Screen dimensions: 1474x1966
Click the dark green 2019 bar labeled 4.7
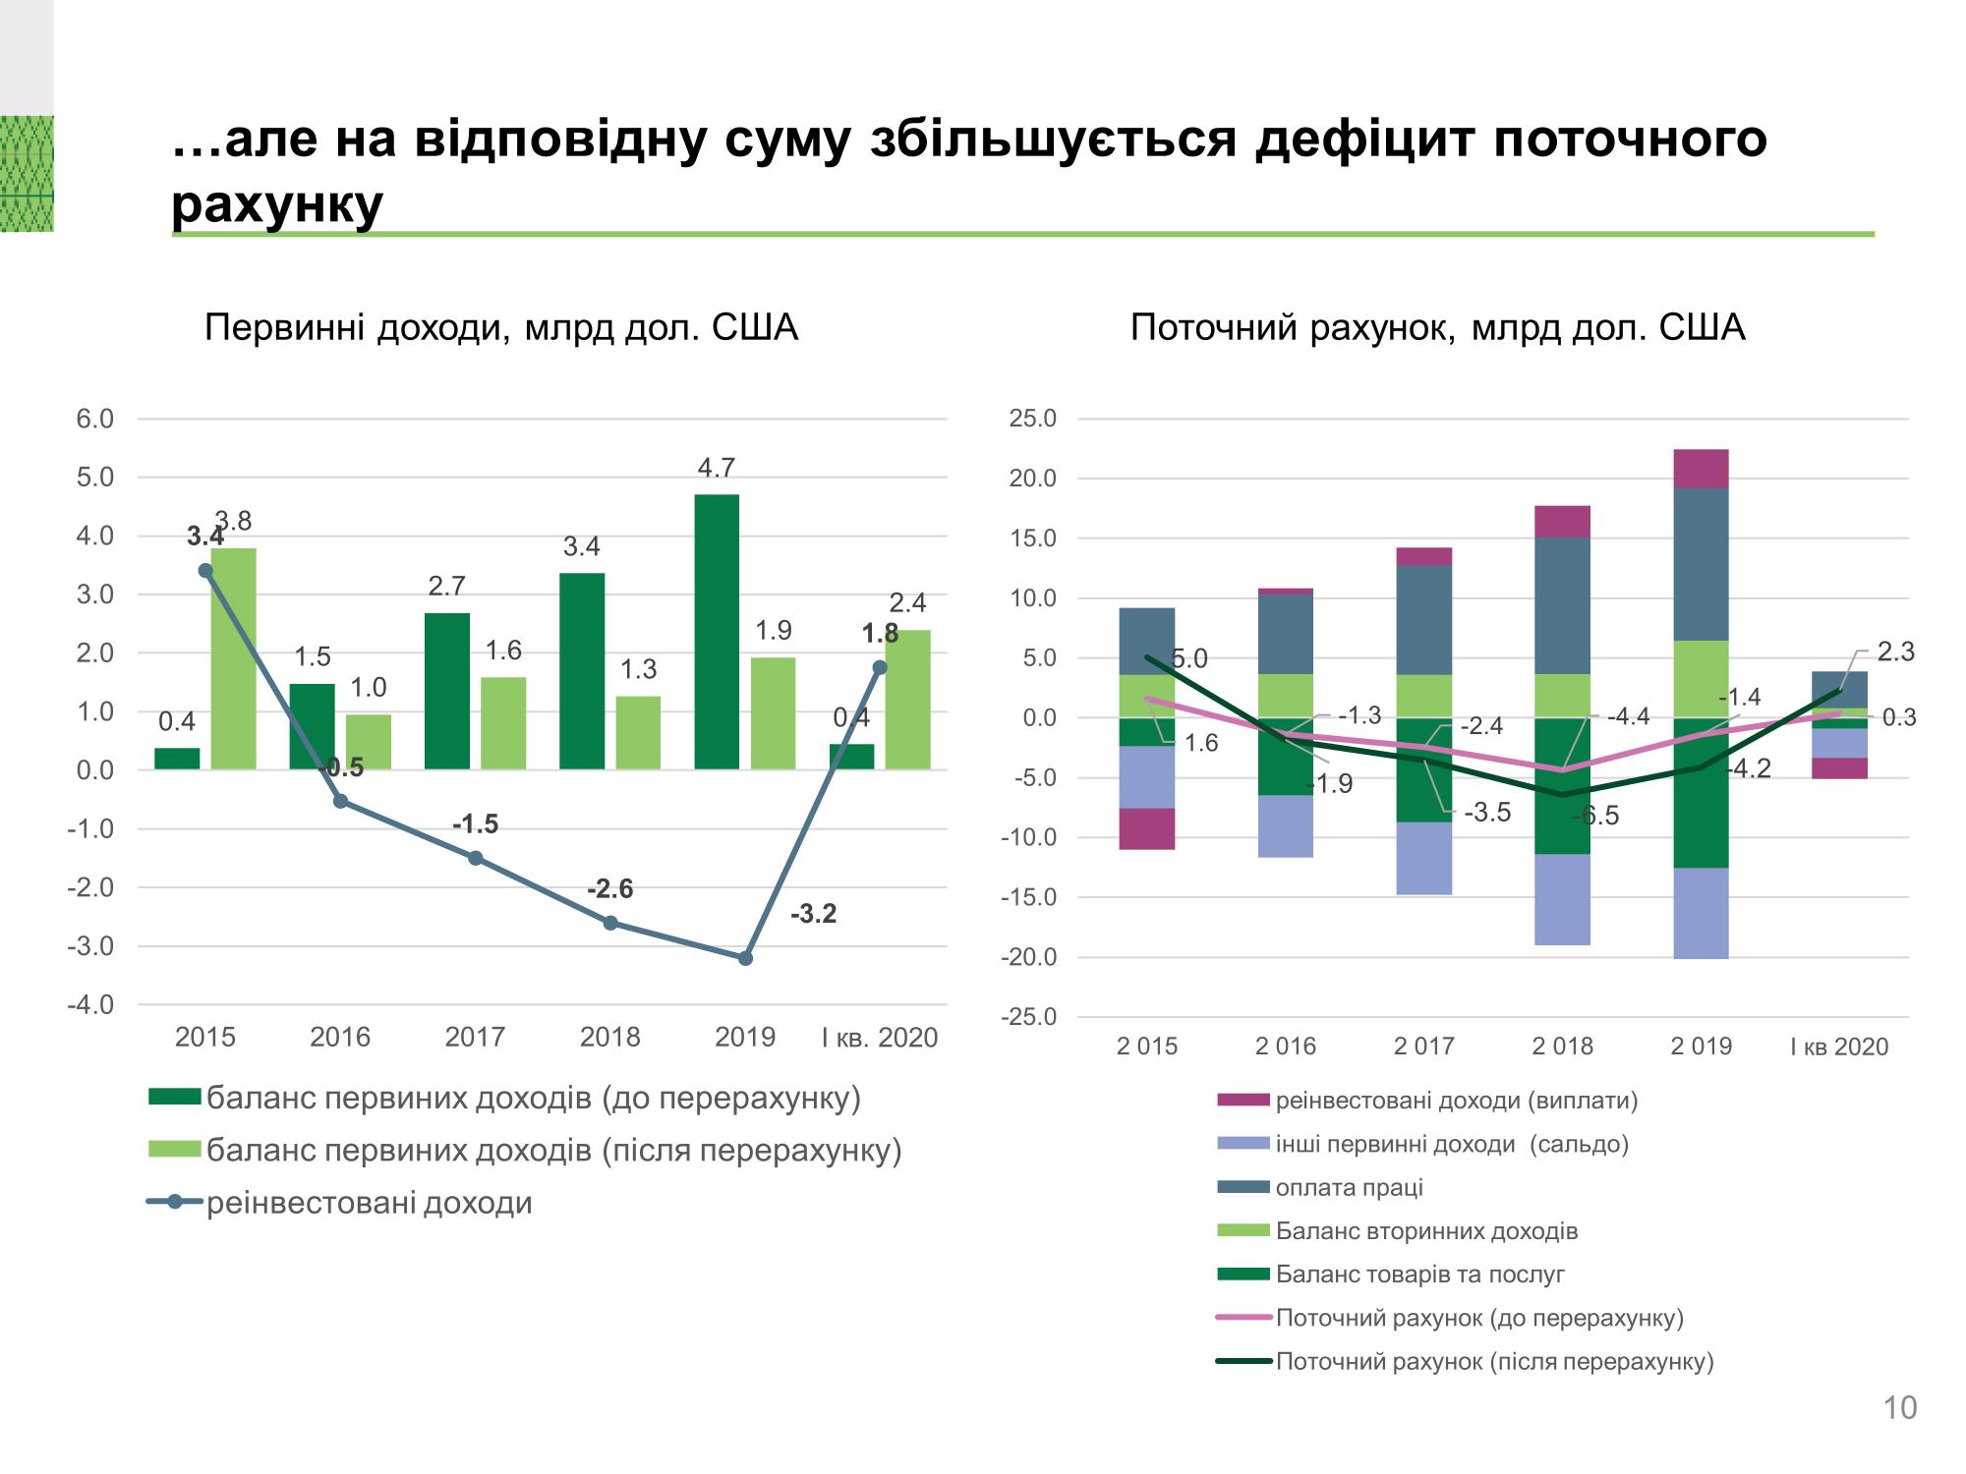pyautogui.click(x=716, y=631)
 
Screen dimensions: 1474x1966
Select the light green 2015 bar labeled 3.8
pyautogui.click(x=234, y=658)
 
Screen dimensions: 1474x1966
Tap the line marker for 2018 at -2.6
pyautogui.click(x=609, y=923)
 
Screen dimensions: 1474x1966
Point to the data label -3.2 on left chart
pyautogui.click(x=813, y=915)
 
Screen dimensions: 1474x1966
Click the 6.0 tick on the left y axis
pyautogui.click(x=95, y=420)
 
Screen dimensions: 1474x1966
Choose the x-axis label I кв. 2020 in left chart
pyautogui.click(x=880, y=1038)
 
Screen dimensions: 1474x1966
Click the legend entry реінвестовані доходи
pyautogui.click(x=369, y=1203)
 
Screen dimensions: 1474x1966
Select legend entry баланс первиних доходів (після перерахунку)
pyautogui.click(x=553, y=1150)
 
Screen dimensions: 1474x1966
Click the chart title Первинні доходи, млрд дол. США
pyautogui.click(x=500, y=328)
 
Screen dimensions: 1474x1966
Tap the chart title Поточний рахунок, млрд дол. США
pyautogui.click(x=1437, y=328)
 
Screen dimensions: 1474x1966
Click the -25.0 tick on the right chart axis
pyautogui.click(x=1028, y=1017)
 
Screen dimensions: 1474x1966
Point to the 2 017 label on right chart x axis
pyautogui.click(x=1423, y=1047)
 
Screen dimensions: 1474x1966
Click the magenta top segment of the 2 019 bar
pyautogui.click(x=1701, y=469)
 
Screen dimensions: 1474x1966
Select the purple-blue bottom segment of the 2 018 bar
pyautogui.click(x=1562, y=899)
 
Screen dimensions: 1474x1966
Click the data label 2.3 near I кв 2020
pyautogui.click(x=1895, y=652)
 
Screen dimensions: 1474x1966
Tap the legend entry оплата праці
pyautogui.click(x=1348, y=1187)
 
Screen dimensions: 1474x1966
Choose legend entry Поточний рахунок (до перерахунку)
pyautogui.click(x=1478, y=1318)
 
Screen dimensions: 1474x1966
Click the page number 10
pyautogui.click(x=1899, y=1408)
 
